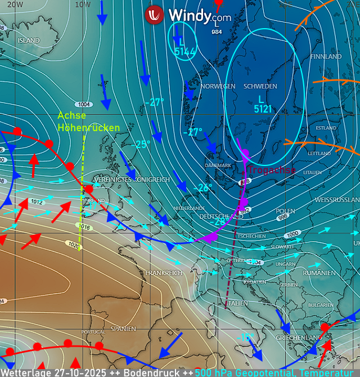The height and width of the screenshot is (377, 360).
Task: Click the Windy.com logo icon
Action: tap(154, 15)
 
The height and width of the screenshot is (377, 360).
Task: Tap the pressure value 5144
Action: tap(184, 52)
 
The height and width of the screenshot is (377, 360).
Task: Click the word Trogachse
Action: tap(272, 170)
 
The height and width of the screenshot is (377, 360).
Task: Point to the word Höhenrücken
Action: tap(89, 128)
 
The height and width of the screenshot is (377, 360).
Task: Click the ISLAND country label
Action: tap(29, 41)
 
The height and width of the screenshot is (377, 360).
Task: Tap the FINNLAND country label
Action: tap(325, 57)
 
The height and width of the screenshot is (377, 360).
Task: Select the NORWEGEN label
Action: tap(218, 86)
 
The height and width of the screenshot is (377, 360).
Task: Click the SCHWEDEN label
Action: tap(260, 86)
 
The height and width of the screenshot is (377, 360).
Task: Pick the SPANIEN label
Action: tap(123, 329)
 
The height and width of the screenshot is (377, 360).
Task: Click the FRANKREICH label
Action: tap(164, 273)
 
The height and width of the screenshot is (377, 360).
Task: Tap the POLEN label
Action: tap(285, 211)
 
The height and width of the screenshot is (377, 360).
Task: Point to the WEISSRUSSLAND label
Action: tap(337, 200)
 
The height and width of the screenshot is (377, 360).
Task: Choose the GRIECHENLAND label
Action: tap(298, 338)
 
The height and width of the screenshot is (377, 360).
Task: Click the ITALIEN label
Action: tap(237, 303)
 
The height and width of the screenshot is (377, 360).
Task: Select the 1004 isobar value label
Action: tap(84, 104)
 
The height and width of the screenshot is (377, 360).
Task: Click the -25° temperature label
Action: tap(141, 145)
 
